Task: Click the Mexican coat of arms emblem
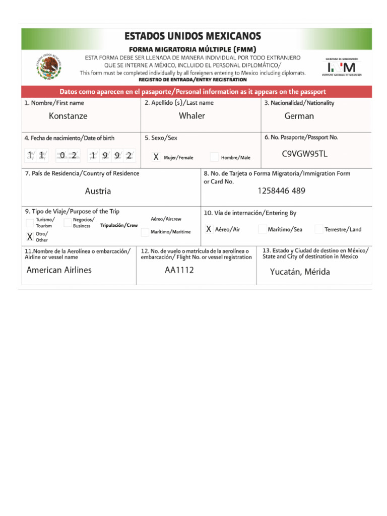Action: coord(49,67)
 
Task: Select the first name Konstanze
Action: coord(68,116)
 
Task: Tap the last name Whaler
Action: coord(192,116)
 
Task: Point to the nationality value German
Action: coord(299,116)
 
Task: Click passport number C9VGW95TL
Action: coord(304,154)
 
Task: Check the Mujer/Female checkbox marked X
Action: coord(156,157)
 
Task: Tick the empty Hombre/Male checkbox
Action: coord(214,157)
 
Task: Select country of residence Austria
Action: coord(98,191)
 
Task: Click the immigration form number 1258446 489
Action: coord(281,190)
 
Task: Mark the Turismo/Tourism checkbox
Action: coord(30,223)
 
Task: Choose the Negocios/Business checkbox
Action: coord(68,223)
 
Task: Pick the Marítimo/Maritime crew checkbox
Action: coord(145,232)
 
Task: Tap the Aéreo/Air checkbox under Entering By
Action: coord(209,229)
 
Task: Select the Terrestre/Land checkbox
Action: coord(318,229)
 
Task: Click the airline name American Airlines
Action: coord(59,270)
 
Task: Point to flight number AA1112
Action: coord(179,270)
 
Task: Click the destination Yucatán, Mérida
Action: coord(300,272)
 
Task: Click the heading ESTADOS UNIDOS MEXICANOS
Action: coord(192,36)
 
